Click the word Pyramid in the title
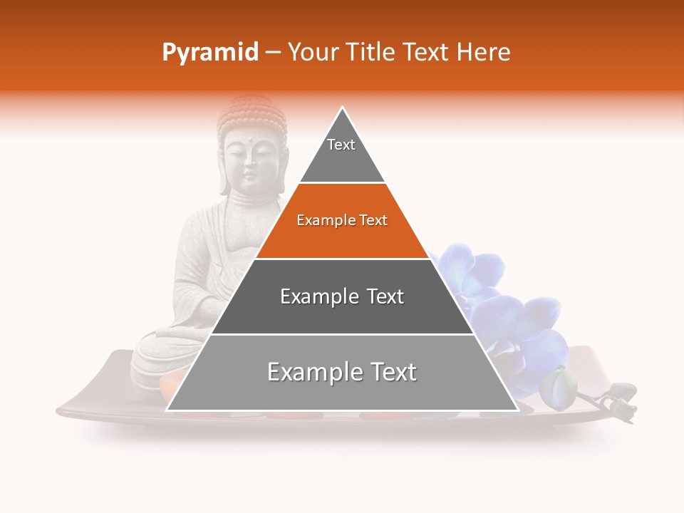tap(209, 53)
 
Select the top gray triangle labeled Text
tap(342, 153)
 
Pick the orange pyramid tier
tap(342, 235)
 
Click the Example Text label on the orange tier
tap(342, 220)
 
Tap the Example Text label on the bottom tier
tap(342, 372)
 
